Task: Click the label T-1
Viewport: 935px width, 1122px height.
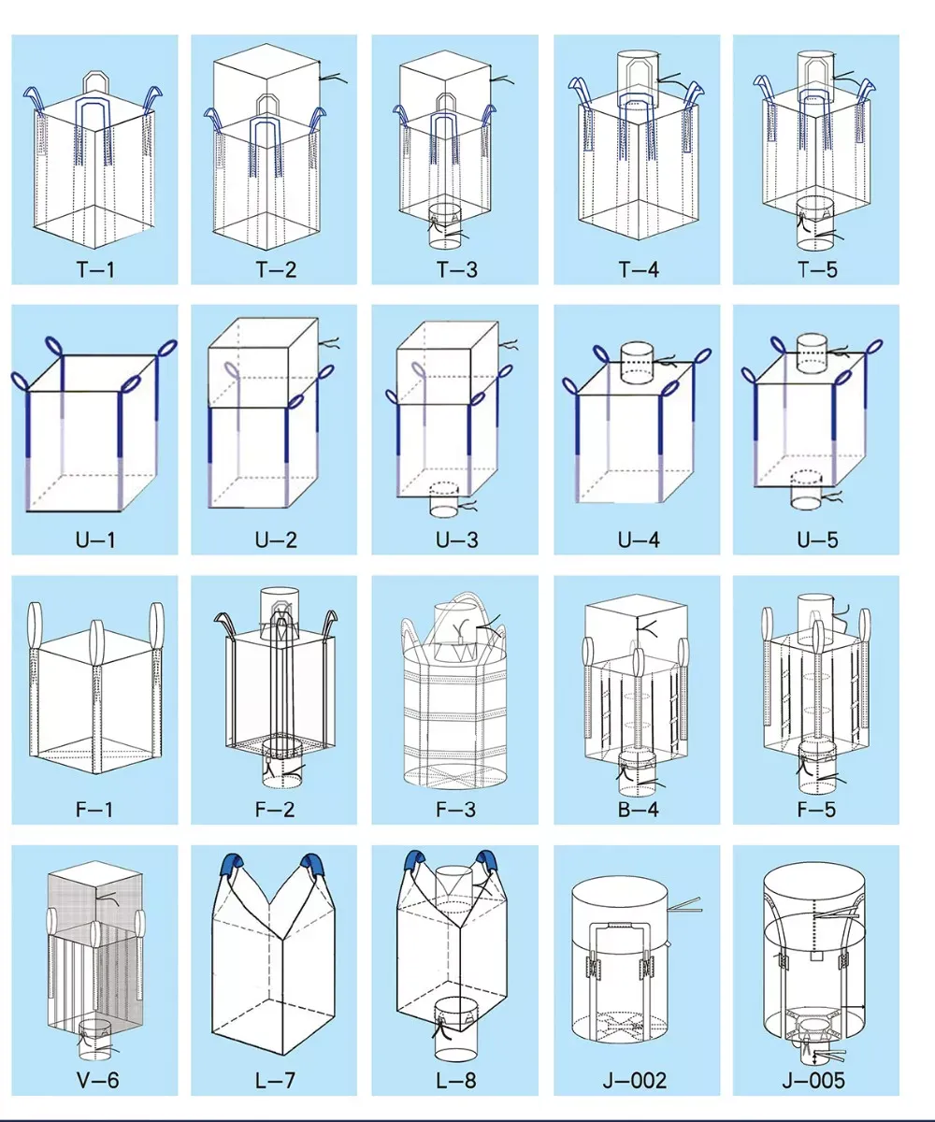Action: [x=96, y=268]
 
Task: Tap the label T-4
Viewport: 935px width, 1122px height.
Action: [x=639, y=268]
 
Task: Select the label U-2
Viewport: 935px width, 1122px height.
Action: [x=276, y=539]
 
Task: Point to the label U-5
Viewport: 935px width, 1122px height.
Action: [x=817, y=539]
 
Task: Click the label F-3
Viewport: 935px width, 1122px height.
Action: [x=456, y=809]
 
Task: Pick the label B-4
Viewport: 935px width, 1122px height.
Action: [x=639, y=809]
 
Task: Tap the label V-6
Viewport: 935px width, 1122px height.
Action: [x=98, y=1080]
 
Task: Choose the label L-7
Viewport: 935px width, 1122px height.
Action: [x=275, y=1080]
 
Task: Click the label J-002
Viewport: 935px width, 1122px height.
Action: [x=635, y=1080]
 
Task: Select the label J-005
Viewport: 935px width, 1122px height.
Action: [x=813, y=1080]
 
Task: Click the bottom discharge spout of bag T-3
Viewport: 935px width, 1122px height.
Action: [x=445, y=226]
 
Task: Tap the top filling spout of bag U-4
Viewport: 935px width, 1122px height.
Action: [x=638, y=363]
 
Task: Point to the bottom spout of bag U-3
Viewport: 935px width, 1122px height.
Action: [x=444, y=499]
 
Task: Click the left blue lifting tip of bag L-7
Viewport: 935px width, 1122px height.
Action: [x=235, y=863]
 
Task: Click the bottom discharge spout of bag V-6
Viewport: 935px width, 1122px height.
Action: [x=94, y=1041]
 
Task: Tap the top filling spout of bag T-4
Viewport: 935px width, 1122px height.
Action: [x=638, y=79]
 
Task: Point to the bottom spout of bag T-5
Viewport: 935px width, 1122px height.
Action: [x=815, y=223]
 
